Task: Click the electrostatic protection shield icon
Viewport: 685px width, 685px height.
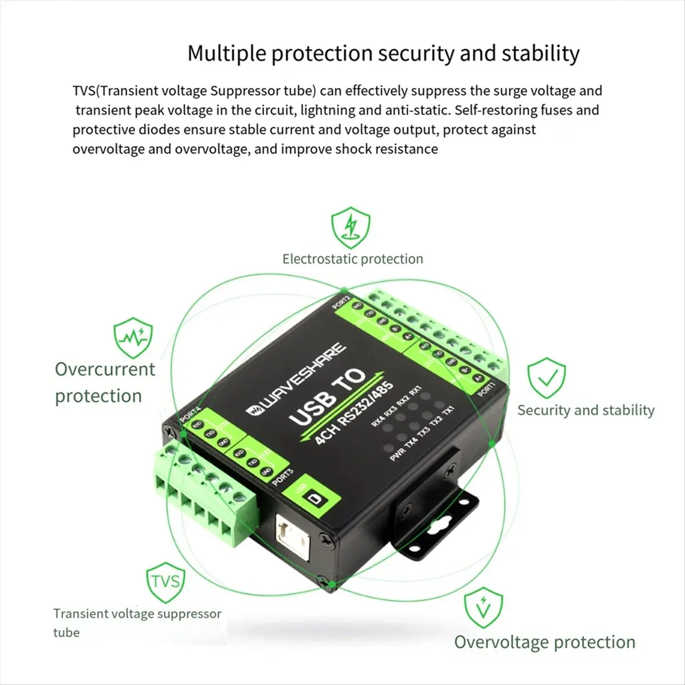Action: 351,228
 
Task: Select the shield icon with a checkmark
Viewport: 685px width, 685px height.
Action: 546,378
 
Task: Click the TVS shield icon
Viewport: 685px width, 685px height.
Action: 166,583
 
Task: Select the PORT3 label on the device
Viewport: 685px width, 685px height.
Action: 283,476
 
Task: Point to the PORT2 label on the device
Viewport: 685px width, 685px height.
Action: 341,301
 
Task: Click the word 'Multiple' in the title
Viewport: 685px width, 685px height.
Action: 226,54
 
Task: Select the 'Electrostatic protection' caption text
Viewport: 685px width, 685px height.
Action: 353,259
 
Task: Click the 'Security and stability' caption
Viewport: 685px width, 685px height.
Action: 586,410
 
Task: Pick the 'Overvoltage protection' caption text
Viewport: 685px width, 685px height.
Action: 545,642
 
